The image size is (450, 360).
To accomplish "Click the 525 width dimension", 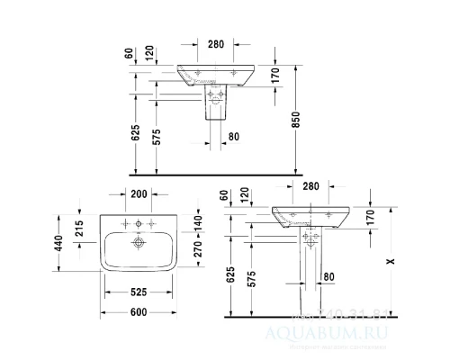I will (x=139, y=291).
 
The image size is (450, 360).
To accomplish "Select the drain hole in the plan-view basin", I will (x=139, y=243).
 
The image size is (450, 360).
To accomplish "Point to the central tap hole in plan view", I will (x=139, y=221).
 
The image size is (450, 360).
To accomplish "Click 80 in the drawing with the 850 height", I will (x=233, y=137).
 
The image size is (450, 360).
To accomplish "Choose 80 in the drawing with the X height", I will (x=328, y=276).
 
